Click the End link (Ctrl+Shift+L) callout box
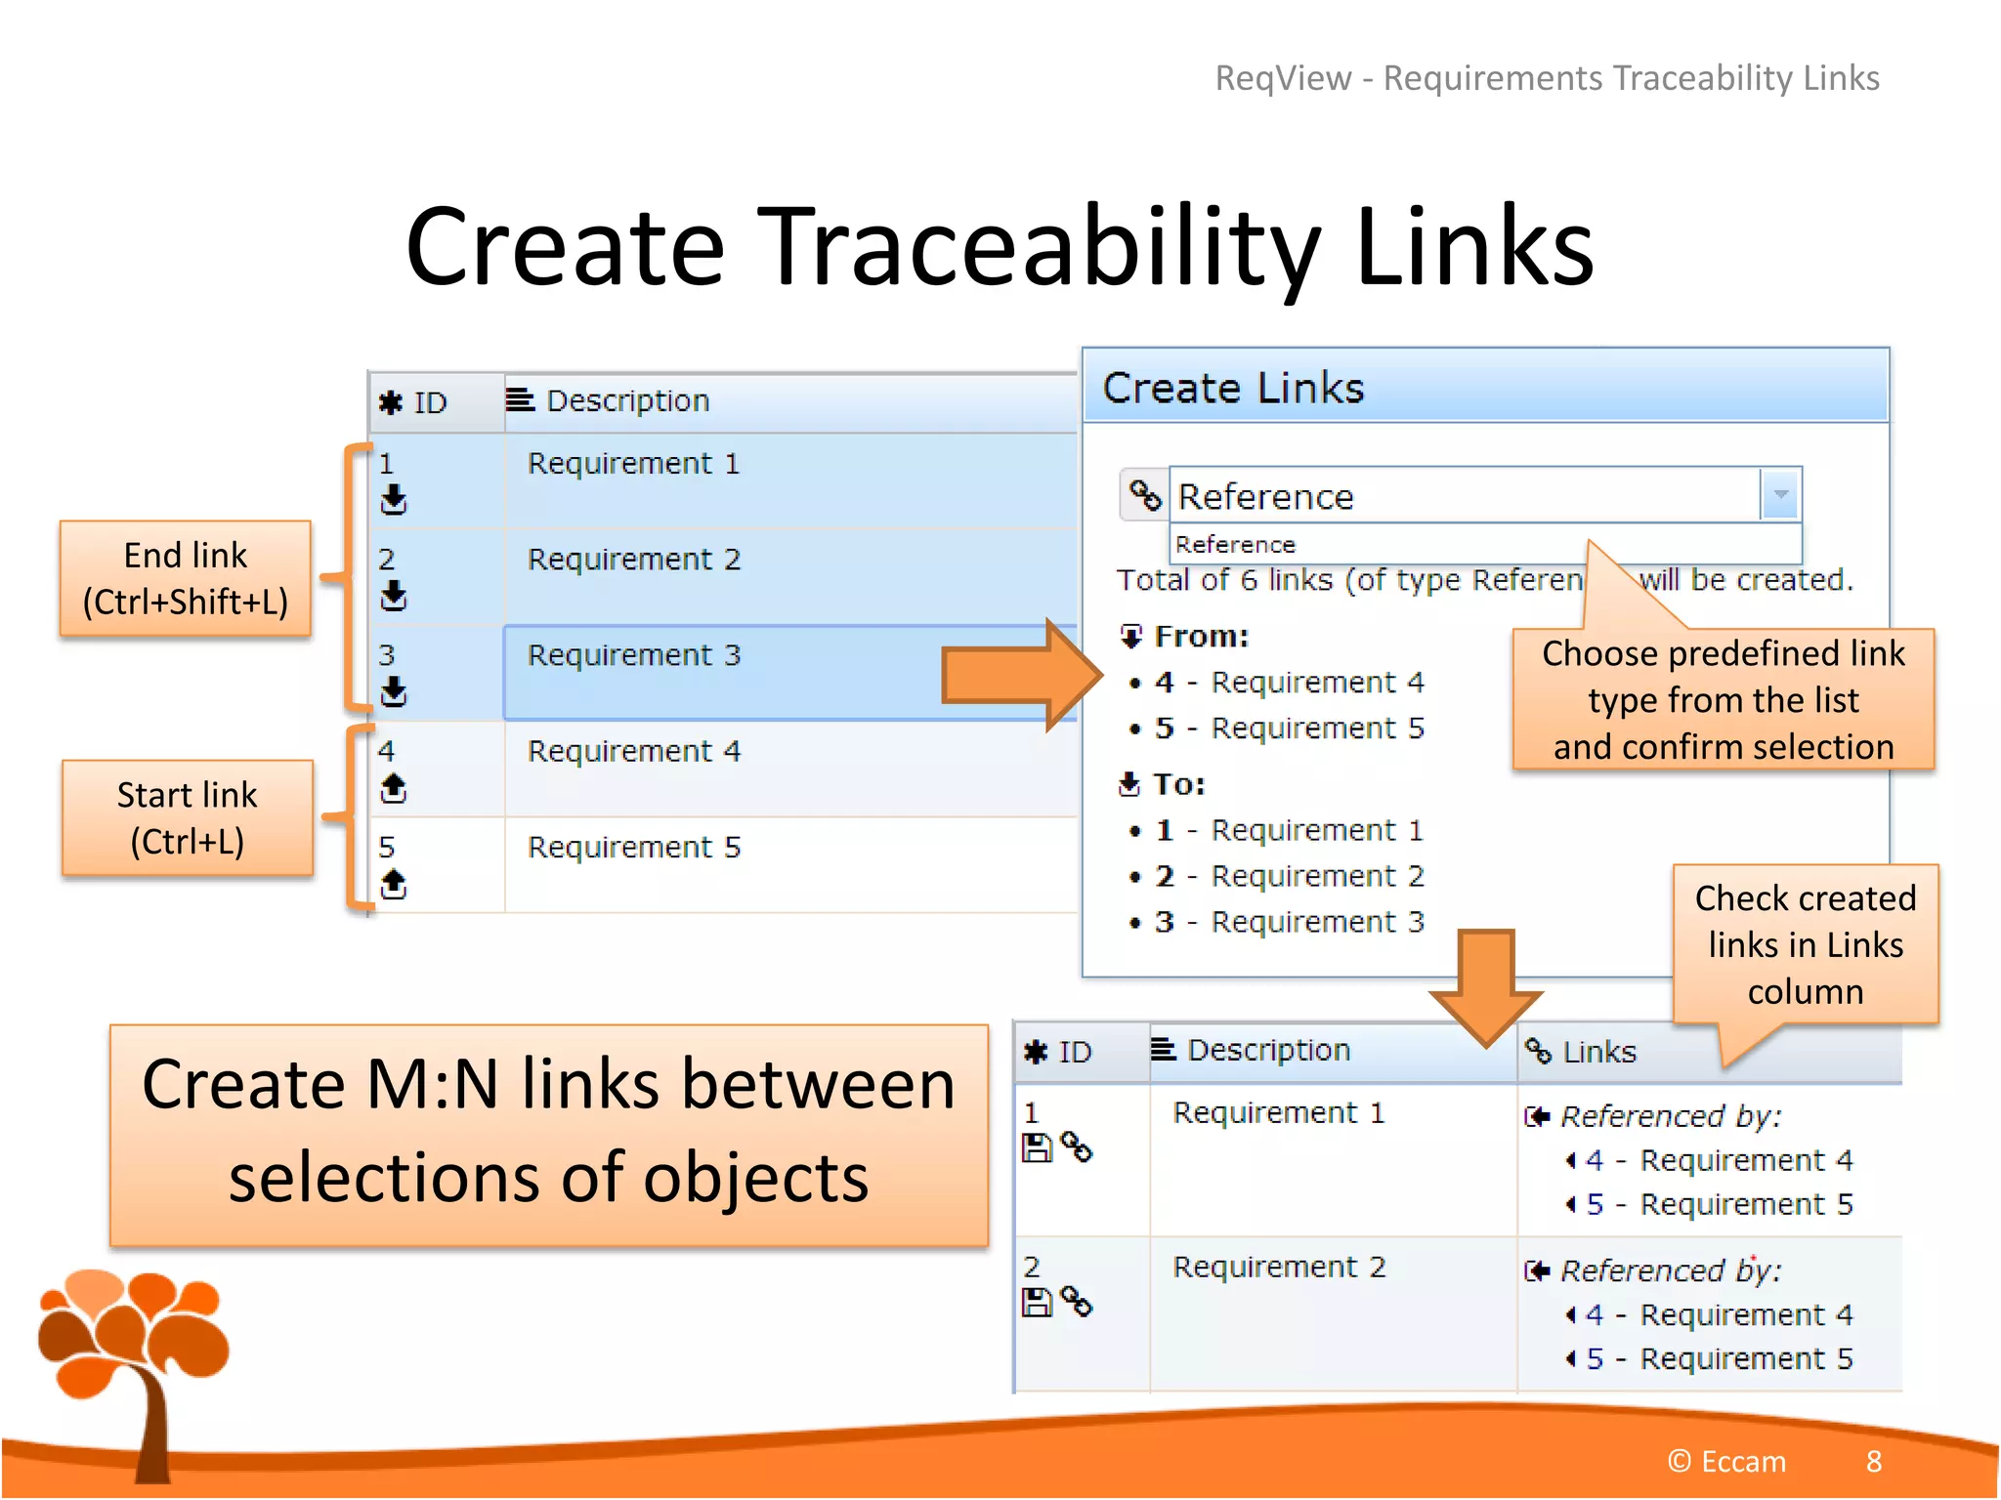pos(186,578)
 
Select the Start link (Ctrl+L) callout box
pos(188,817)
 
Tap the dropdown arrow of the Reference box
pos(1780,494)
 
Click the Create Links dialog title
pos(1233,388)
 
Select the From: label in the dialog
pos(1201,637)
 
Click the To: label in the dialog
pos(1178,784)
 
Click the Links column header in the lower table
pos(1598,1052)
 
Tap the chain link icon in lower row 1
pos(1077,1146)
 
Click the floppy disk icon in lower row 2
pos(1036,1302)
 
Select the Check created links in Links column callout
pos(1805,944)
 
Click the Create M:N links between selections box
pos(548,1134)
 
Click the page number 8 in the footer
pos(1873,1461)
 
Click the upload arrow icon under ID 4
pos(393,787)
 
